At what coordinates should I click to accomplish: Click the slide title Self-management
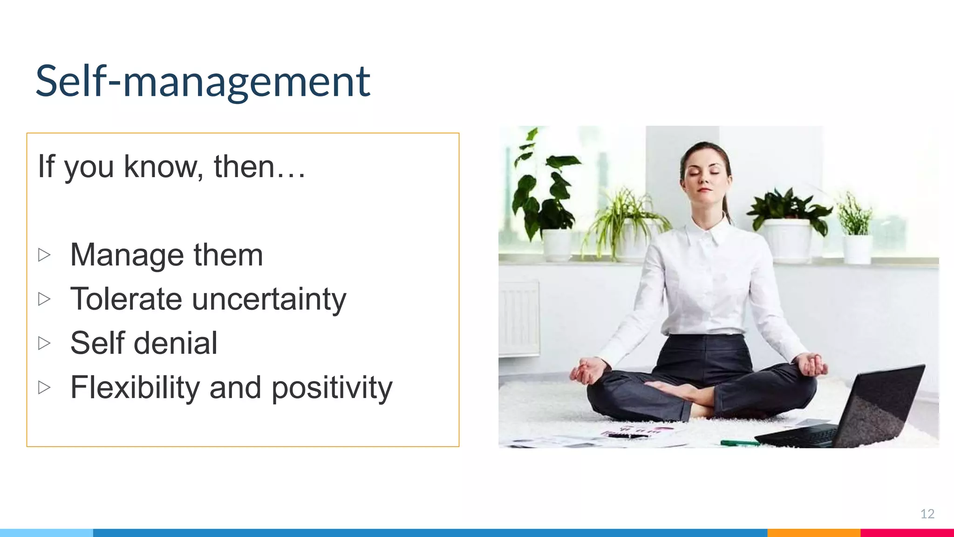tap(203, 82)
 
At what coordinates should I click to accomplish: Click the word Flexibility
tap(135, 388)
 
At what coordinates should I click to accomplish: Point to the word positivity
tap(332, 388)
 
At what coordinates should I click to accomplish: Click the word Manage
tap(127, 255)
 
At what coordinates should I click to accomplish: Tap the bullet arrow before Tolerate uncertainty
tap(44, 299)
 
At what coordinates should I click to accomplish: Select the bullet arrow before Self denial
tap(44, 343)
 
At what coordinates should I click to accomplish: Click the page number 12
tap(927, 514)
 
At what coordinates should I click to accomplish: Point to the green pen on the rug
tap(738, 442)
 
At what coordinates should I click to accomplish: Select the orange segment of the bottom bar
tap(813, 533)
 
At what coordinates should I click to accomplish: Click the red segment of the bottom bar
tap(906, 533)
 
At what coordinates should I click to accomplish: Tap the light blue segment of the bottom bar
tap(47, 533)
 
